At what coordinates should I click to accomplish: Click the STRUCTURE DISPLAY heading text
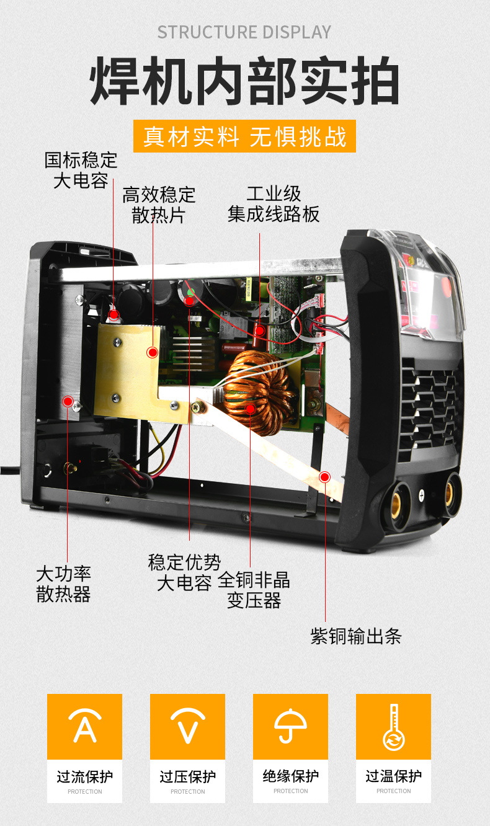point(244,32)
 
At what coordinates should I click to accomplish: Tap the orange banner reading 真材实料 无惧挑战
point(245,136)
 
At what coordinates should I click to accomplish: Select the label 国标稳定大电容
point(81,171)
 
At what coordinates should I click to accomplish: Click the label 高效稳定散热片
point(159,205)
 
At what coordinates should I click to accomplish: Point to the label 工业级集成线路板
point(274,204)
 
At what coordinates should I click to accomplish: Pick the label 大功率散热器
point(63,584)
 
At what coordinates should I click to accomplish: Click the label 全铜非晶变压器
point(254,590)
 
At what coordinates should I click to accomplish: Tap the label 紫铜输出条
point(356,636)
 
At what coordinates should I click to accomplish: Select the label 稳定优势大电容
point(184,572)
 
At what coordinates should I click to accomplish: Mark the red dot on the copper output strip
point(324,477)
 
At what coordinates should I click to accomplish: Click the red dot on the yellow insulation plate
point(152,353)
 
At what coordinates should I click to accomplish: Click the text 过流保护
point(84,776)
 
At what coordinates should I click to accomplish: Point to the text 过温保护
point(393,776)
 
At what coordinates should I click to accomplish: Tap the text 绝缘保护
point(290,776)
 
